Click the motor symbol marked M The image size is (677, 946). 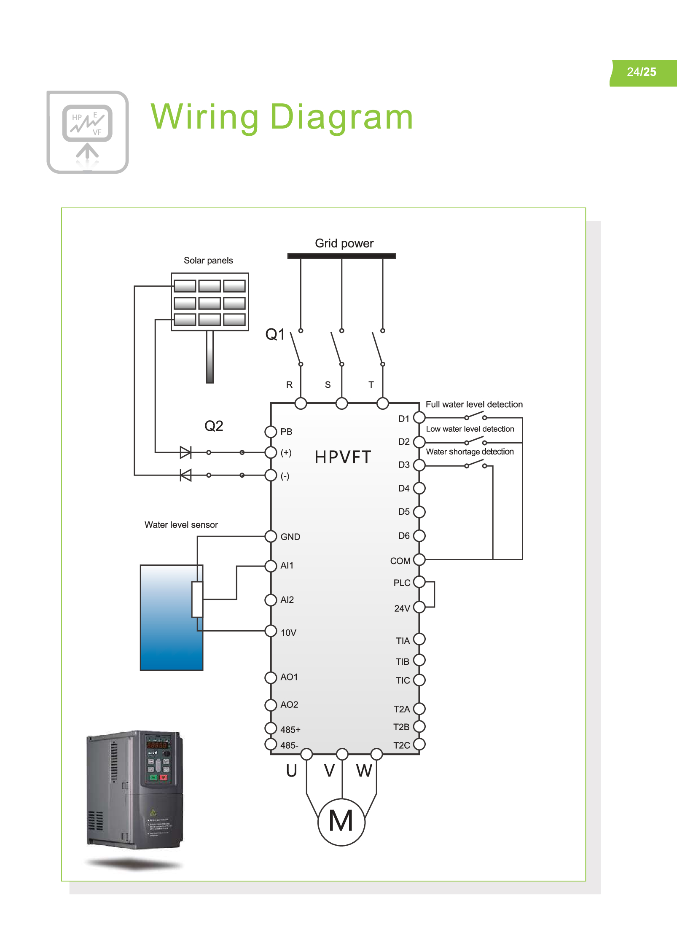click(x=341, y=822)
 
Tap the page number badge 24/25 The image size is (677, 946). click(x=641, y=72)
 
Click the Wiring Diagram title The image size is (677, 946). click(x=282, y=117)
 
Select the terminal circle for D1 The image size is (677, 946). click(x=419, y=417)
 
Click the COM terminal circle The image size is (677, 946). click(x=419, y=559)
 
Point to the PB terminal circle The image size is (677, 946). click(x=271, y=431)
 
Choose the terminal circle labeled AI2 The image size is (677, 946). click(x=271, y=599)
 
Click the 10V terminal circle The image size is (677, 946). click(x=271, y=631)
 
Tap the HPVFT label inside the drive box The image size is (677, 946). click(x=343, y=457)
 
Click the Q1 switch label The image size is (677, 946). click(x=275, y=334)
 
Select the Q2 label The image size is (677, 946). click(x=214, y=426)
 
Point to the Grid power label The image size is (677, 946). click(x=344, y=243)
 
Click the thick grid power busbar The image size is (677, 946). click(x=341, y=256)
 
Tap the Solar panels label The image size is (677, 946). click(x=208, y=261)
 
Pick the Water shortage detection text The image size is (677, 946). click(x=470, y=451)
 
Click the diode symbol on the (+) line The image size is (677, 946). click(x=185, y=452)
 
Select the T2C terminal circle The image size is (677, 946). click(x=419, y=744)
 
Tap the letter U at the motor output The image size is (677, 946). click(x=291, y=771)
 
